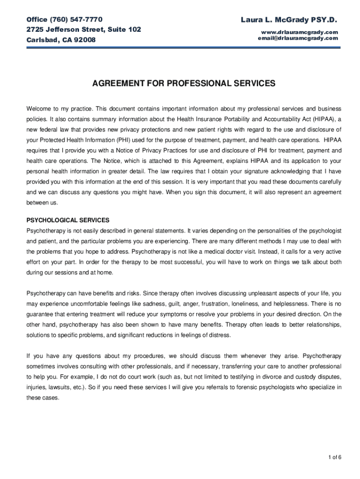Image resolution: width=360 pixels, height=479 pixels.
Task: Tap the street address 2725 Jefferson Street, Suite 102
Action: point(84,29)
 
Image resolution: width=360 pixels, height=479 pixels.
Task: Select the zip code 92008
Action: point(85,40)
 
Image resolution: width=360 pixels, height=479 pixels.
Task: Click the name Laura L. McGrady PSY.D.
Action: point(288,20)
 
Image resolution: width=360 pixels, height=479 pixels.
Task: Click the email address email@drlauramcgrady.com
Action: point(297,38)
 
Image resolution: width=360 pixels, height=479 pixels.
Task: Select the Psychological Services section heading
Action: point(68,220)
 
